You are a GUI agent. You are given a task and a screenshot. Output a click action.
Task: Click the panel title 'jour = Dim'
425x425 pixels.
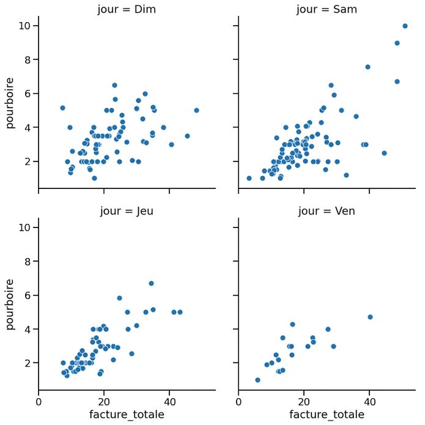(127, 10)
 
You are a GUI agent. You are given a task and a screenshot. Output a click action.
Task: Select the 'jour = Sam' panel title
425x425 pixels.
(327, 10)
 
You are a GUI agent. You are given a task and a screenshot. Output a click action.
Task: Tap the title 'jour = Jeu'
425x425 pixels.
(127, 211)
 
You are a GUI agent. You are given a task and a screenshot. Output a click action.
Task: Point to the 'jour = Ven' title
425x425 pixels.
(327, 211)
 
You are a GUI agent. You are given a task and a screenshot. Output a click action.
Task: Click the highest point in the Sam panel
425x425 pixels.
(405, 26)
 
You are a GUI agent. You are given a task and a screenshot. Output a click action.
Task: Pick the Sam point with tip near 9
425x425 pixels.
(397, 43)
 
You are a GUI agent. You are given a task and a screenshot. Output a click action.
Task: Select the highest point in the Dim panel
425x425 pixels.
(114, 86)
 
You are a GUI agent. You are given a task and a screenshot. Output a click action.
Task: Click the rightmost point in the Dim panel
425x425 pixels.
(196, 110)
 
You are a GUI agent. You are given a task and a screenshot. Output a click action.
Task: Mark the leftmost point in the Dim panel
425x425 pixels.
(62, 108)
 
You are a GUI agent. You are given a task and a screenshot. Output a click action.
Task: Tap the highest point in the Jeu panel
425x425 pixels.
(151, 284)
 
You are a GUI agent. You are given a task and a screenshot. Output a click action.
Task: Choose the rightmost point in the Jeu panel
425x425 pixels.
(180, 312)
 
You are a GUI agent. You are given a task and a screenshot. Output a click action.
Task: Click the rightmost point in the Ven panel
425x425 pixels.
(370, 317)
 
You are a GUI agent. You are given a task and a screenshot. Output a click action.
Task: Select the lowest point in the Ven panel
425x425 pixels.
(258, 380)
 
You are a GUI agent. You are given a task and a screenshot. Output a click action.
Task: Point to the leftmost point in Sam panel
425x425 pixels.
(249, 179)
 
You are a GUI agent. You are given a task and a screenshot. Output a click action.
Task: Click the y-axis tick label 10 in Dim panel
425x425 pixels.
(24, 26)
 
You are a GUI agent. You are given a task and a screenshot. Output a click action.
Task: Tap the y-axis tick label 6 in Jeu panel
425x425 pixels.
(28, 295)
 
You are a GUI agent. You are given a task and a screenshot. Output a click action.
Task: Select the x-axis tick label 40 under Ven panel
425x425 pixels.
(370, 402)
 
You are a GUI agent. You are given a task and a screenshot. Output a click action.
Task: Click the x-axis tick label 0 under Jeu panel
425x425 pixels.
(39, 402)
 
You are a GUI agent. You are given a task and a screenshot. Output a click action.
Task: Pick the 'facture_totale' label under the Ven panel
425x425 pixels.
(327, 415)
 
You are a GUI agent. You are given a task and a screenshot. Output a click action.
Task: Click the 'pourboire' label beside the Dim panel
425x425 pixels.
(10, 103)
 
